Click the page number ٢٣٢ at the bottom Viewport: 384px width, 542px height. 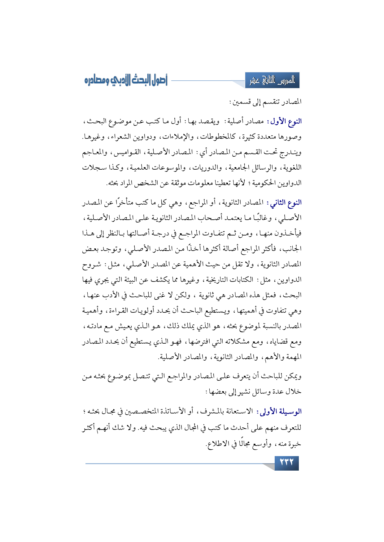pos(286,463)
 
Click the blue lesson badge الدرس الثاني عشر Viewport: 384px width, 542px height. pos(272,81)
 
